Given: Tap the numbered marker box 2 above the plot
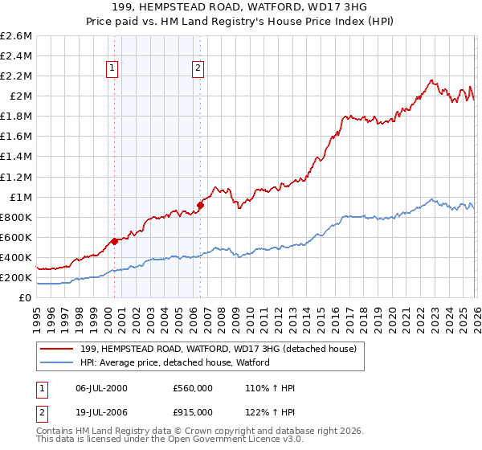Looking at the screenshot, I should coord(198,69).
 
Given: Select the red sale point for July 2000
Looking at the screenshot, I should coord(114,241).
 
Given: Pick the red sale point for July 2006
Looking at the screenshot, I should coord(200,205).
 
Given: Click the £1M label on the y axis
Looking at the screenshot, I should coord(20,197).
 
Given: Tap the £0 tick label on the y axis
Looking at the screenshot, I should coord(26,298).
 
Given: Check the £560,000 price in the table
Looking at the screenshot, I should coord(192,388).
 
